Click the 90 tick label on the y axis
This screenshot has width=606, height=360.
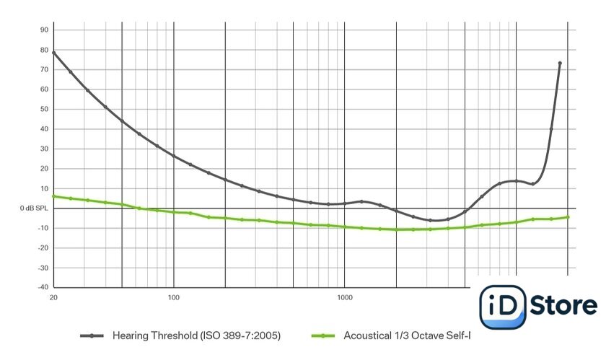[x=43, y=30]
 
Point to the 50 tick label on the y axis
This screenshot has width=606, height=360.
[x=43, y=109]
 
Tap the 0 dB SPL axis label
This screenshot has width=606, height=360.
[x=33, y=208]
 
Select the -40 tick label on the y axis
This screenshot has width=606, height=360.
[x=42, y=288]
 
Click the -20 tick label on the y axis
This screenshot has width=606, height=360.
[x=42, y=248]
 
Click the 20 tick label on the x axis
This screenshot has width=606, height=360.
[x=53, y=297]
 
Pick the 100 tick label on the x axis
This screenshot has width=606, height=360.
[x=173, y=297]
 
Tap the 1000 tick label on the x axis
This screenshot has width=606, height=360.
[x=344, y=297]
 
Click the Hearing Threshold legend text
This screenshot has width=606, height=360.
[x=196, y=335]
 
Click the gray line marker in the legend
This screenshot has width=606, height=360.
[x=92, y=335]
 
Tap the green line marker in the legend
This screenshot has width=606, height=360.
[x=323, y=335]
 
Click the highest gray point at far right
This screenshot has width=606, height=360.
[x=560, y=63]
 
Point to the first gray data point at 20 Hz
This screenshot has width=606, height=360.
[x=53, y=53]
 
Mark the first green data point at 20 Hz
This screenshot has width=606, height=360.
[x=53, y=196]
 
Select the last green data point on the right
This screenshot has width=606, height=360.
[x=568, y=216]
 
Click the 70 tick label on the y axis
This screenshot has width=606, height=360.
[x=43, y=69]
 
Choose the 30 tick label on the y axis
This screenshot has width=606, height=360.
[x=43, y=149]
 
